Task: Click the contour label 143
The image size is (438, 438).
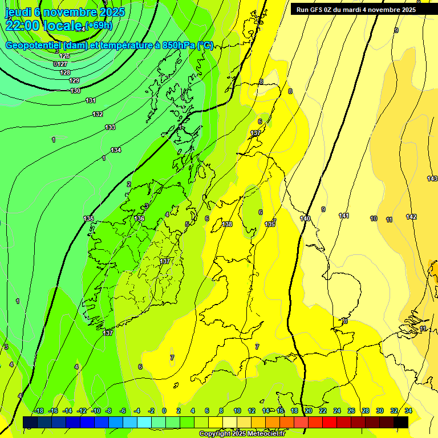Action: pos(432,179)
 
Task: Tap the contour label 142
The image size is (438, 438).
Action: pos(411,217)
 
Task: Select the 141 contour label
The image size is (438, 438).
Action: pos(344,216)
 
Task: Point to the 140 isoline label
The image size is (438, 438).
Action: pos(305,218)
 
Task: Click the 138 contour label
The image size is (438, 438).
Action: pos(228,224)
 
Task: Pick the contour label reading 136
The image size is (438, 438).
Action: pos(140,218)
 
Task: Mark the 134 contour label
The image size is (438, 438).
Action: pos(116,150)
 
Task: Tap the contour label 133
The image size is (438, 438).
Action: pos(110,127)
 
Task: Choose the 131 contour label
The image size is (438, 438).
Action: pos(91,100)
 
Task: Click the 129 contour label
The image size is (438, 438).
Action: pos(74,80)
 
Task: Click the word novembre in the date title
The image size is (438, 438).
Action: pos(70,12)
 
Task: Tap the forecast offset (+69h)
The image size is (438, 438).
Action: pos(99,25)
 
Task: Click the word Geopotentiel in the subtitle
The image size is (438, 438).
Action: pos(33,46)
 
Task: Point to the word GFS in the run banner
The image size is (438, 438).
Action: pos(318,10)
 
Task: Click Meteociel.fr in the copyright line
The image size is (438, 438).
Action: pos(269,434)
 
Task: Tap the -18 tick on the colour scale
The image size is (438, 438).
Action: pos(39,411)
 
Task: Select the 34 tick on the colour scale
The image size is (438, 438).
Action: pos(408,411)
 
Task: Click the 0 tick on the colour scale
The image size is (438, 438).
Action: pos(164,411)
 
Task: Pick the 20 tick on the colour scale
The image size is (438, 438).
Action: pos(309,411)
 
